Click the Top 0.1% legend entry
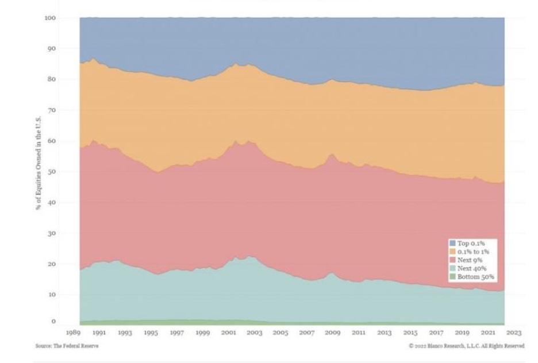471,244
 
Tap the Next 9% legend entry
470,260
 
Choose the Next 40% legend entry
471,268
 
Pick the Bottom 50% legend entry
475,277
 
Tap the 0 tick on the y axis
53,322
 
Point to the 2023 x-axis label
514,333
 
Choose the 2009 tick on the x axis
332,333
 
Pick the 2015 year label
410,333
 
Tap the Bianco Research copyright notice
466,346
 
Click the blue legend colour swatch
452,244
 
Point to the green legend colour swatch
452,277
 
